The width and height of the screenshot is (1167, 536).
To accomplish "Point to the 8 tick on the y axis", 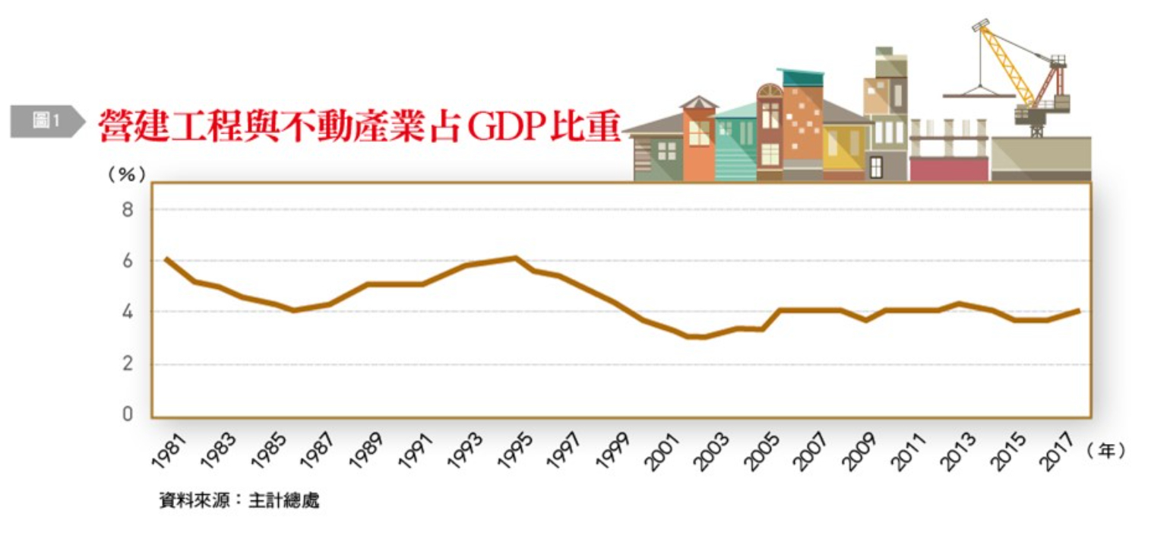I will pos(127,210).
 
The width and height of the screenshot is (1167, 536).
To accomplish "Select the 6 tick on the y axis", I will pos(127,261).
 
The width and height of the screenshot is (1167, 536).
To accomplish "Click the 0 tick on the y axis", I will pos(127,415).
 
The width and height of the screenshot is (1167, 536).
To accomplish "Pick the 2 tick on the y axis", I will pos(127,364).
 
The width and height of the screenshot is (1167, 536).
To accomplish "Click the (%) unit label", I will pos(126,174).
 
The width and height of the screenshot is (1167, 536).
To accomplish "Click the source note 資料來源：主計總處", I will pos(239,501).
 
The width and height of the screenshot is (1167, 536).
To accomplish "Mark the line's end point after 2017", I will pos(1078,310).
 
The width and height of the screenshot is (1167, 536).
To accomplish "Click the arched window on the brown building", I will pos(770,91).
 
